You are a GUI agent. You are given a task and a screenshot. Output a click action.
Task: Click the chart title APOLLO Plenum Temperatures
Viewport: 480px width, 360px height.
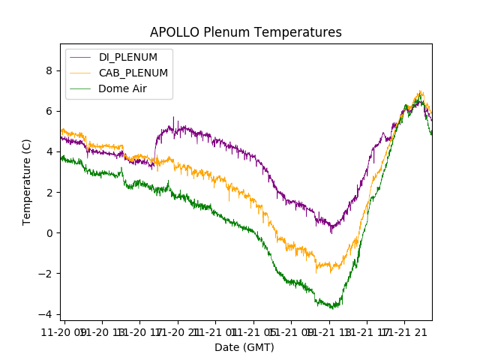pos(245,32)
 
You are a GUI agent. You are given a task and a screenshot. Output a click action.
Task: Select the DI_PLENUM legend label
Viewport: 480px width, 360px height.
pos(128,57)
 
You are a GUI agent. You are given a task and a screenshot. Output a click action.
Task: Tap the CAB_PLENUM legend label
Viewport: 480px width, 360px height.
pos(133,73)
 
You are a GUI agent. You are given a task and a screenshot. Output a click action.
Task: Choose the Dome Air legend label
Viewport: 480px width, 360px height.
pos(123,88)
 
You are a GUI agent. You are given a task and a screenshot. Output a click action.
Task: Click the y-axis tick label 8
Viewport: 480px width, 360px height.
pos(50,70)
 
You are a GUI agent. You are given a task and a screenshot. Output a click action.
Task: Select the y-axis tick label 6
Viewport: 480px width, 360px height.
pos(50,111)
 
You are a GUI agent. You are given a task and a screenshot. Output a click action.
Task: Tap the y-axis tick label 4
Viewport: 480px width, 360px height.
pos(50,151)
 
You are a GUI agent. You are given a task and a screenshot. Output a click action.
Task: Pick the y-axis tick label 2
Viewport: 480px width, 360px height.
pos(50,192)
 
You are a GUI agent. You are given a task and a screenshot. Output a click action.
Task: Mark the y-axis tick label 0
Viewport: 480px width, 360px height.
pos(50,232)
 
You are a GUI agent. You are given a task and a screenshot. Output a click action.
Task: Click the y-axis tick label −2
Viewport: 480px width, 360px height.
pos(47,273)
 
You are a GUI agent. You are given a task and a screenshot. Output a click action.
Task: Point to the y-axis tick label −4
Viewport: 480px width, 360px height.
pos(47,313)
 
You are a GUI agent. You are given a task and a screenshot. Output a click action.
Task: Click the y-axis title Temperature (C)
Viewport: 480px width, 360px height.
pos(27,181)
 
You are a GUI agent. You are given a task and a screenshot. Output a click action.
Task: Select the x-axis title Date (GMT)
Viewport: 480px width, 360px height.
pos(244,347)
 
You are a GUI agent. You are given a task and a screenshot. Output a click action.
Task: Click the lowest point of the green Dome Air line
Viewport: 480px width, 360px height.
pos(332,307)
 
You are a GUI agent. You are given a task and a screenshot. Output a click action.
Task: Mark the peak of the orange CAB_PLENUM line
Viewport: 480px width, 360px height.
pos(421,91)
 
